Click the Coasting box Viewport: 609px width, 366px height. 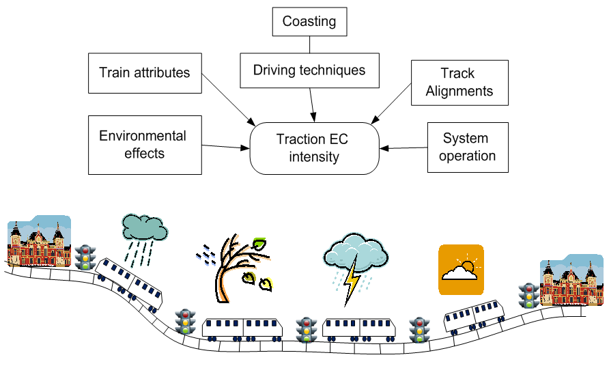pyautogui.click(x=309, y=21)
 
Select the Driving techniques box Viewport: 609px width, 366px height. pyautogui.click(x=309, y=70)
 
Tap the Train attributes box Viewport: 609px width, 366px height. pyautogui.click(x=144, y=73)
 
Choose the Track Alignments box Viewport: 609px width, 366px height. pyautogui.click(x=459, y=83)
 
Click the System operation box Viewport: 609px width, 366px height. pyautogui.click(x=467, y=147)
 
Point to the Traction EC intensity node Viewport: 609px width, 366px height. pyautogui.click(x=313, y=148)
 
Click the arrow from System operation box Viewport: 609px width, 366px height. pyautogui.click(x=403, y=147)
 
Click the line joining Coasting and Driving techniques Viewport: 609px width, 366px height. pyautogui.click(x=309, y=45)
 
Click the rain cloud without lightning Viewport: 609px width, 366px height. pyautogui.click(x=144, y=229)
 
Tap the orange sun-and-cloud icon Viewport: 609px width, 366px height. pyautogui.click(x=461, y=270)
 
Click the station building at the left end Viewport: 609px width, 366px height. pyautogui.click(x=38, y=242)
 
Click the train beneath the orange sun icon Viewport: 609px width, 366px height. pyautogui.click(x=476, y=316)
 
